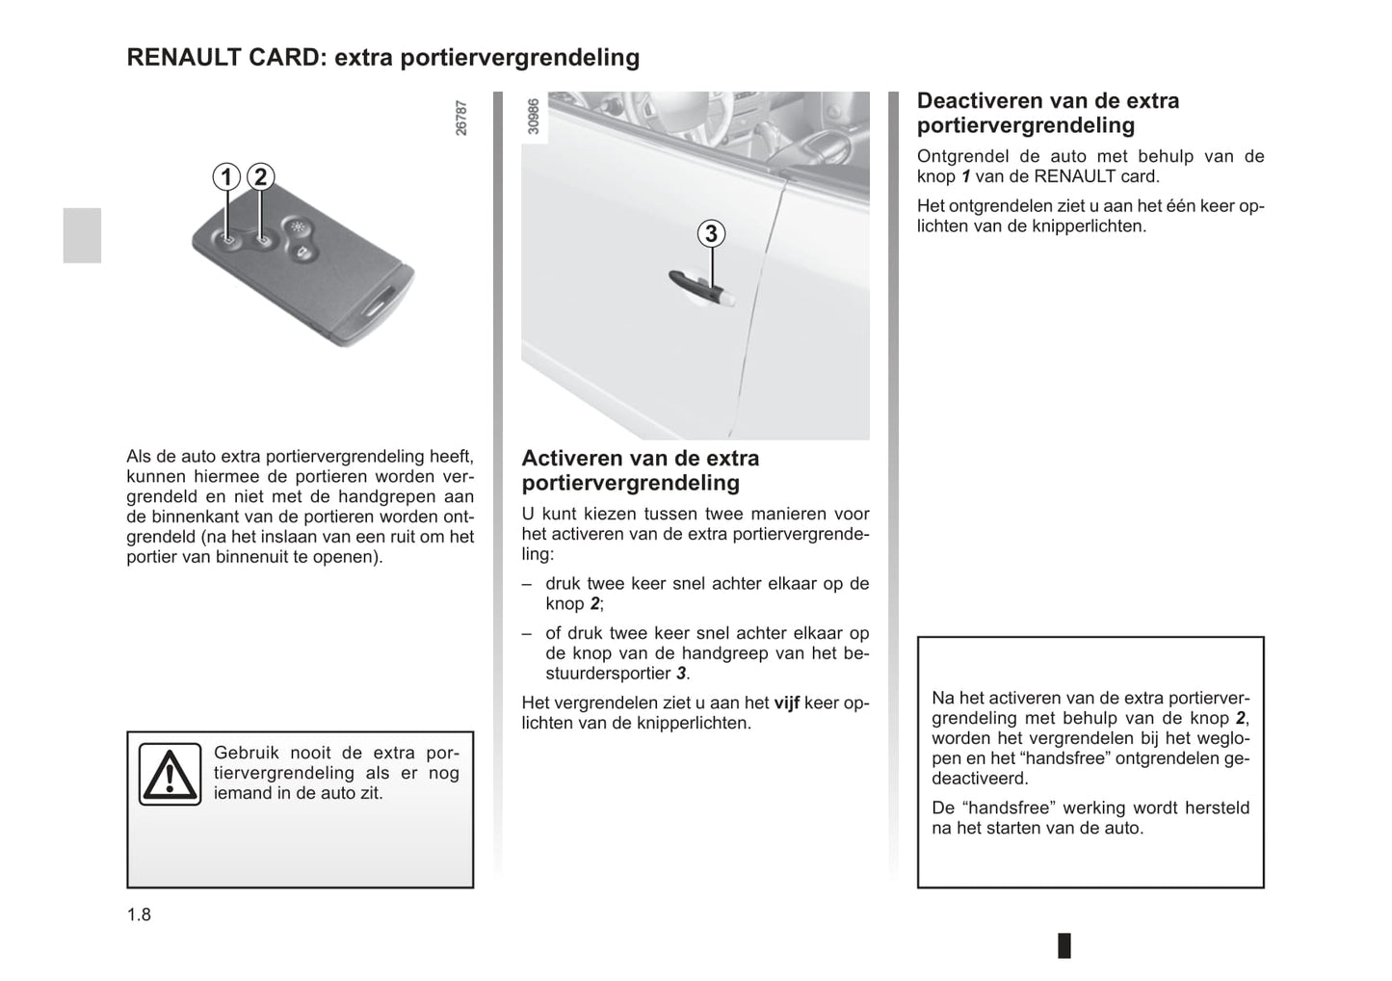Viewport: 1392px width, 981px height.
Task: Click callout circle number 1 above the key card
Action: [x=226, y=177]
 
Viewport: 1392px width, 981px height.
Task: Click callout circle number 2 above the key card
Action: [x=260, y=177]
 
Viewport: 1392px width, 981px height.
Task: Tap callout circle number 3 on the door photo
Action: [x=711, y=233]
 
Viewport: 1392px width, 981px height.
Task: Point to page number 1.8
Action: [x=139, y=915]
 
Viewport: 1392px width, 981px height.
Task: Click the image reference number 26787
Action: [x=461, y=118]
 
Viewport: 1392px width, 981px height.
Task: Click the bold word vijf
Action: [x=786, y=703]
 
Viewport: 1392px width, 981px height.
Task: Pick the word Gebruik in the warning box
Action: [x=246, y=754]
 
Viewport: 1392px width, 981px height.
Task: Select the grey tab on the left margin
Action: [x=82, y=235]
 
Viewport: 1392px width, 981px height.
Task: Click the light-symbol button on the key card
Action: [x=296, y=228]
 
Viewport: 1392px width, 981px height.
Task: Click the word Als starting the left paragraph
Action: [x=139, y=457]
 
